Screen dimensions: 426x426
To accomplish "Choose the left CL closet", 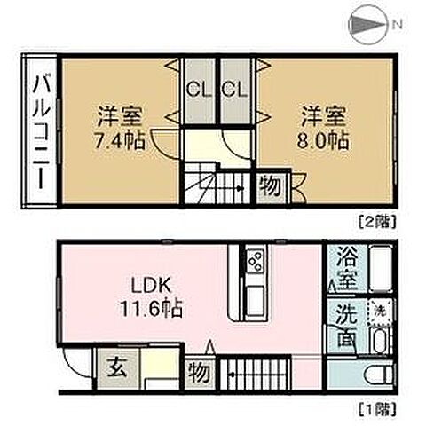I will (198, 88).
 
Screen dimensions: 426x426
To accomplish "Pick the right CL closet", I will (233, 88).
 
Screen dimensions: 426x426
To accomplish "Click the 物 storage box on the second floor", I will (271, 188).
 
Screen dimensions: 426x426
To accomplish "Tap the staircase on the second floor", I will (218, 186).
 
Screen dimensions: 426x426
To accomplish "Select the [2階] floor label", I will (375, 217).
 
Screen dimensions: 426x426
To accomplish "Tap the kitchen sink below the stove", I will (251, 294).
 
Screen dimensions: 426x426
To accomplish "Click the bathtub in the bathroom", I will (377, 271).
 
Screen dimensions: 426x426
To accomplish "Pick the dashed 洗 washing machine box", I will (378, 312).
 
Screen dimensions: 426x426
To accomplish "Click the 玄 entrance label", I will (116, 367).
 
